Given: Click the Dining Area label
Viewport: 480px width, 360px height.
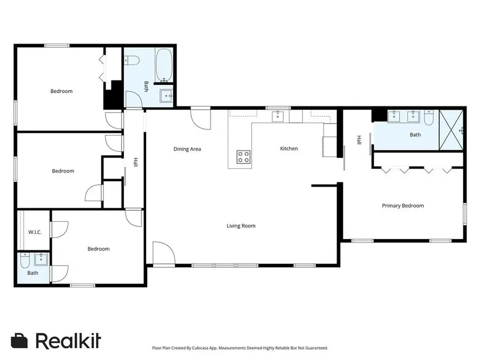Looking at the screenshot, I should [x=187, y=149].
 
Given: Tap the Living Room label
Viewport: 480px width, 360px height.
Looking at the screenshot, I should [x=241, y=226].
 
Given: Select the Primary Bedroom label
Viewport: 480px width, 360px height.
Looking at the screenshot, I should [x=403, y=206].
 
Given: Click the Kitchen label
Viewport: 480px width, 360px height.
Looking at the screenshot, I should [x=289, y=149].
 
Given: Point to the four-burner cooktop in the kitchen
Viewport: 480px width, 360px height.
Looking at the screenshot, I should [x=243, y=156].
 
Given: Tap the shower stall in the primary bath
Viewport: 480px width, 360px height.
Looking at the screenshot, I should [x=451, y=130].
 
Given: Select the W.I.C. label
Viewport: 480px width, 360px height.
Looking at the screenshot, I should [x=35, y=233].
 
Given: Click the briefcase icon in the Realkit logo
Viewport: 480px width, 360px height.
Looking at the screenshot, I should [x=19, y=341].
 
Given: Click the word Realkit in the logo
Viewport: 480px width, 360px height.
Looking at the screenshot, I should [x=68, y=341].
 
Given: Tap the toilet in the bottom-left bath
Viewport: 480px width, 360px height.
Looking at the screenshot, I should [x=25, y=260].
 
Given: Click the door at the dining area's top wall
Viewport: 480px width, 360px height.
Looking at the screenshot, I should [x=200, y=117].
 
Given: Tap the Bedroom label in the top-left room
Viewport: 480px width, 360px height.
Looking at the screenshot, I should [x=61, y=91].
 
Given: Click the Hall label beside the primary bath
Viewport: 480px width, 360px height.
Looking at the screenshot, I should [x=359, y=140].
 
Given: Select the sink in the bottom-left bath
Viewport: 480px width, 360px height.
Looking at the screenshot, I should [x=41, y=260].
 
